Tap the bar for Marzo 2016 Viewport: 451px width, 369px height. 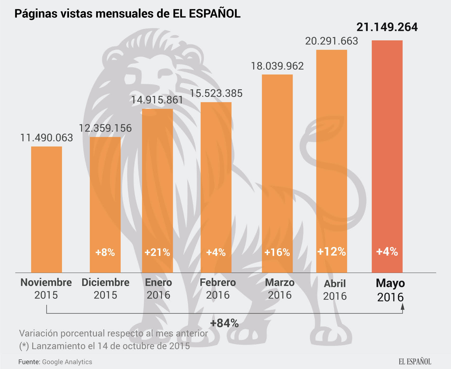(x=277, y=172)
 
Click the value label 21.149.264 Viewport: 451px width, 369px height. (x=387, y=27)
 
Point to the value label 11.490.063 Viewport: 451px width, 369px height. (x=47, y=138)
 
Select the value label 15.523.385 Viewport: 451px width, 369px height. (x=216, y=94)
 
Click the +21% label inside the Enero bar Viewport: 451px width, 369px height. (x=157, y=253)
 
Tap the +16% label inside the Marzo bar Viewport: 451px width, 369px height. (x=277, y=253)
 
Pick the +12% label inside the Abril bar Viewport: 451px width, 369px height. (x=332, y=251)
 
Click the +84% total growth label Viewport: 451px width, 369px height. (x=224, y=323)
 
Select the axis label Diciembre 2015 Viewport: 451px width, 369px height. (x=105, y=288)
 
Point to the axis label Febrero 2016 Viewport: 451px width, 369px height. (x=218, y=288)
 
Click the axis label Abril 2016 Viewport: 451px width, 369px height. (x=335, y=290)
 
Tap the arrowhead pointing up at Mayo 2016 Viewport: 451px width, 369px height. (x=403, y=307)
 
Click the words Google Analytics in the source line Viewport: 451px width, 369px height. (x=67, y=362)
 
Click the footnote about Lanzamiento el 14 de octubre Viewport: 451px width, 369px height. (x=104, y=346)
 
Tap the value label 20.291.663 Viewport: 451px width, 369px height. (x=332, y=41)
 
